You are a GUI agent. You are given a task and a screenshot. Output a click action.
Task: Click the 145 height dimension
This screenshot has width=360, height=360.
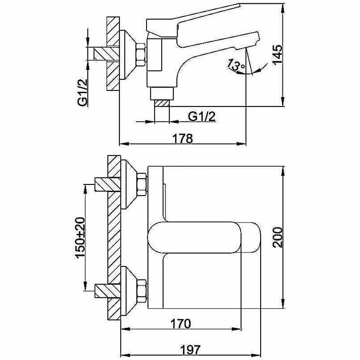pyautogui.click(x=277, y=55)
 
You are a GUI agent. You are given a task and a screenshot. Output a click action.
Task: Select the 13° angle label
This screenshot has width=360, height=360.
pyautogui.click(x=236, y=65)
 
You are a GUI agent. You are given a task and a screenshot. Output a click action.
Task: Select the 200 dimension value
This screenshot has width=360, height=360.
pyautogui.click(x=277, y=237)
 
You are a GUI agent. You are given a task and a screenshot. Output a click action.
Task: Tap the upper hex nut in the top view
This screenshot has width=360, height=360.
pyautogui.click(x=142, y=185)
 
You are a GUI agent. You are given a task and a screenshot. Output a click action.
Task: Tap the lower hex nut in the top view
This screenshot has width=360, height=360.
pyautogui.click(x=142, y=290)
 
